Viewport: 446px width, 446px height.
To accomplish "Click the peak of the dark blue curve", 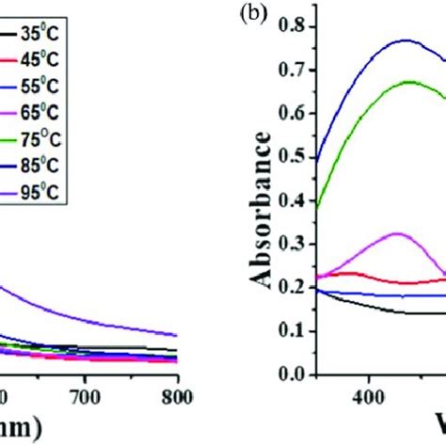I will point(406,40).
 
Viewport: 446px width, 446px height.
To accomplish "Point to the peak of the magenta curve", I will point(396,233).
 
